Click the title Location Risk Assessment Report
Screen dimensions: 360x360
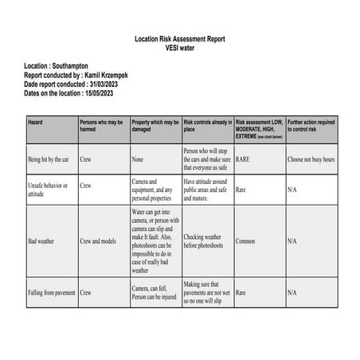click(179, 38)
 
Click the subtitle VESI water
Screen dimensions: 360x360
click(179, 47)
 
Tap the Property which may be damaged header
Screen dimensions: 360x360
click(155, 126)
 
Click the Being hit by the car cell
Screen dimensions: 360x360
click(49, 159)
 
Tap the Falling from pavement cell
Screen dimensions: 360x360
click(52, 292)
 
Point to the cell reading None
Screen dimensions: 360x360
click(139, 159)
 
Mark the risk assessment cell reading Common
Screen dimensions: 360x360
click(247, 241)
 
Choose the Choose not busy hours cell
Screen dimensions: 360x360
click(311, 159)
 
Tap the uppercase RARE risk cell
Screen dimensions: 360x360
click(244, 159)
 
